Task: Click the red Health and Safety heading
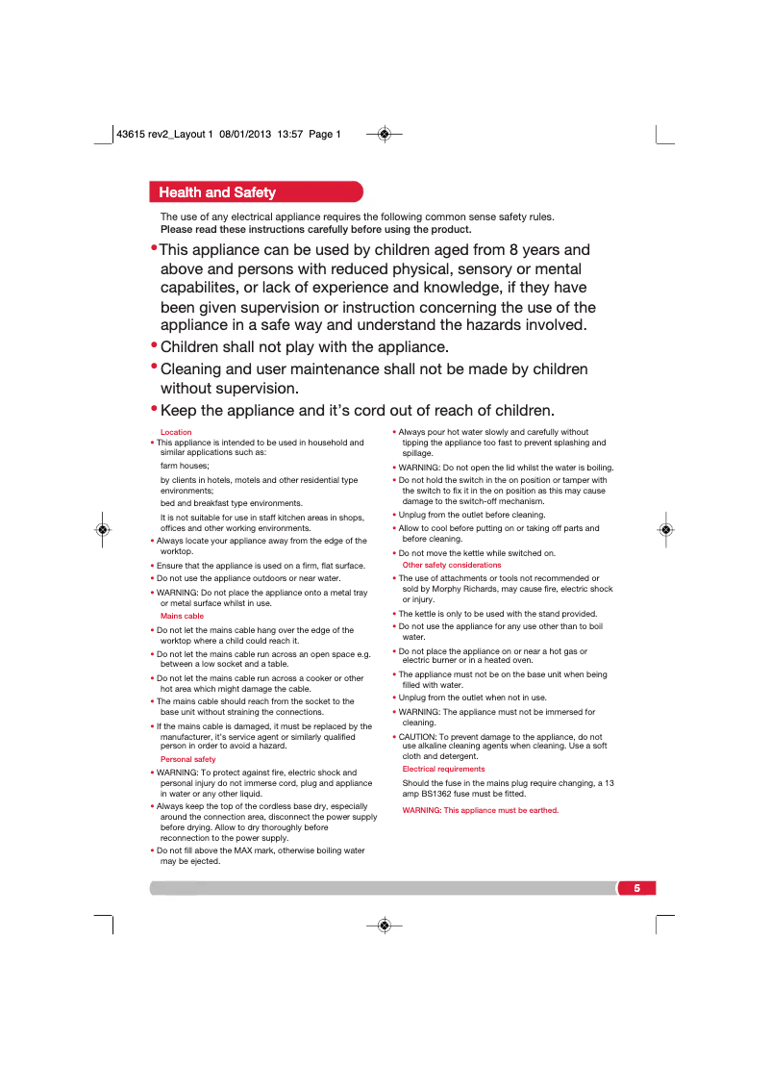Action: (x=217, y=192)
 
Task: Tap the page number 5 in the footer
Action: (x=636, y=887)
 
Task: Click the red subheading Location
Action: (x=176, y=432)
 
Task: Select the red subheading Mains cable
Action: (x=182, y=616)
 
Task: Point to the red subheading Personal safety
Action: (x=188, y=759)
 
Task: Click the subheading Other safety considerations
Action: (x=452, y=565)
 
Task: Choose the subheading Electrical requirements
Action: (x=443, y=769)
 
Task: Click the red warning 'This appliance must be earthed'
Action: (x=480, y=810)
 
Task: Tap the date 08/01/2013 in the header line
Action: (x=245, y=135)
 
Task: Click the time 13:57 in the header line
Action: (x=290, y=135)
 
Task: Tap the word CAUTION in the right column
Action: (x=418, y=737)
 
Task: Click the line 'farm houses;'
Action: (x=185, y=465)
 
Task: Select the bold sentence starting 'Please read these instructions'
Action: (x=315, y=229)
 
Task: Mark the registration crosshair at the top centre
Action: (x=384, y=134)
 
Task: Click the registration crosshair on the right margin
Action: (x=664, y=529)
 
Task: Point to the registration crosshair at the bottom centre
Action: (x=384, y=925)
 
